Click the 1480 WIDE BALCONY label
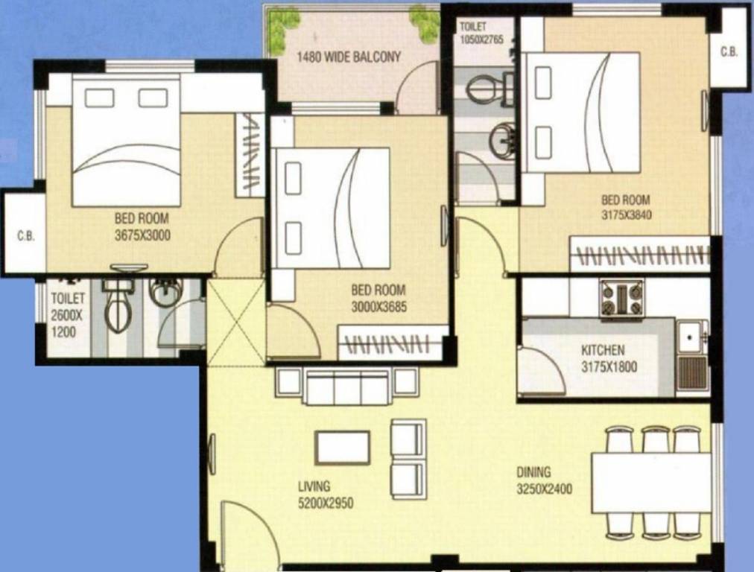coord(349,57)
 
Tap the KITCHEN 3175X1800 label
coord(603,358)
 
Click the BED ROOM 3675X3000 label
coord(142,226)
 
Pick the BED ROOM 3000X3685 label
coord(378,298)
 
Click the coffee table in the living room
coord(343,447)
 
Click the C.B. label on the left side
coord(26,237)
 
